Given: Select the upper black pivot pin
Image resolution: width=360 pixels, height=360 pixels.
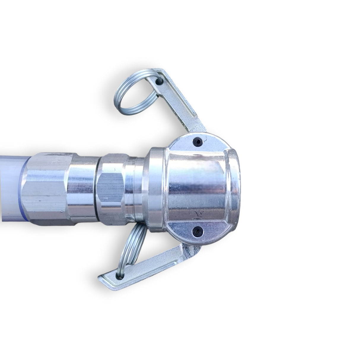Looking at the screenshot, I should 197,141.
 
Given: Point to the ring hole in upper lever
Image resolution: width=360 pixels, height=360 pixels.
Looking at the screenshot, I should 159,79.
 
